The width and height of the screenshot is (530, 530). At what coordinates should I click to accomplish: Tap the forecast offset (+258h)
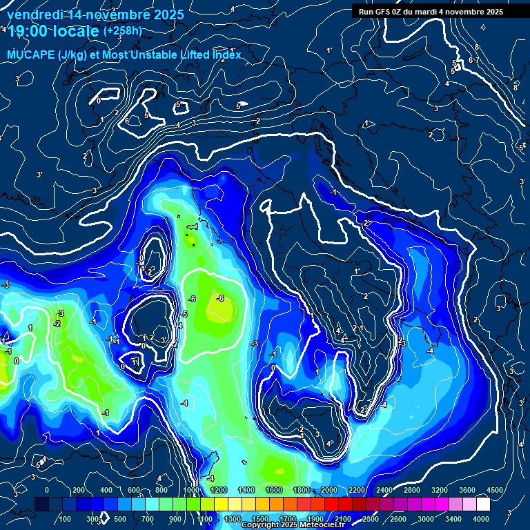pyautogui.click(x=122, y=31)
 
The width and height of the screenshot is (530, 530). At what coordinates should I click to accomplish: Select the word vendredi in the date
pyautogui.click(x=33, y=14)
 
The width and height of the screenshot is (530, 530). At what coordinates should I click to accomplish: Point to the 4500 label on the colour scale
pyautogui.click(x=495, y=490)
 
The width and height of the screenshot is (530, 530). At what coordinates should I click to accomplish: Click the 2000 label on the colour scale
pyautogui.click(x=329, y=490)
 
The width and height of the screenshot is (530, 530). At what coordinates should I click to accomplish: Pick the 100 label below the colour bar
pyautogui.click(x=66, y=518)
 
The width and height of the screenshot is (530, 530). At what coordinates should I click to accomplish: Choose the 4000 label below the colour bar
pyautogui.click(x=481, y=518)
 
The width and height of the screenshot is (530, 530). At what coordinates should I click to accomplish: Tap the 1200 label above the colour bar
pyautogui.click(x=219, y=490)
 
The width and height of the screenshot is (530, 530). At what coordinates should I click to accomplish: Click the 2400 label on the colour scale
pyautogui.click(x=384, y=490)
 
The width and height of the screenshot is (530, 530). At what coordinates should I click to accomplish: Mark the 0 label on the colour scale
pyautogui.click(x=47, y=490)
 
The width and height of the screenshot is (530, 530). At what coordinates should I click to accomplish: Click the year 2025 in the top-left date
pyautogui.click(x=167, y=14)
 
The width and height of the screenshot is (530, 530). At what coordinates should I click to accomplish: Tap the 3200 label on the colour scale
pyautogui.click(x=440, y=490)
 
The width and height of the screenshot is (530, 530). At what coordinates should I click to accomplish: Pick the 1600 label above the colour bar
pyautogui.click(x=274, y=490)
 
